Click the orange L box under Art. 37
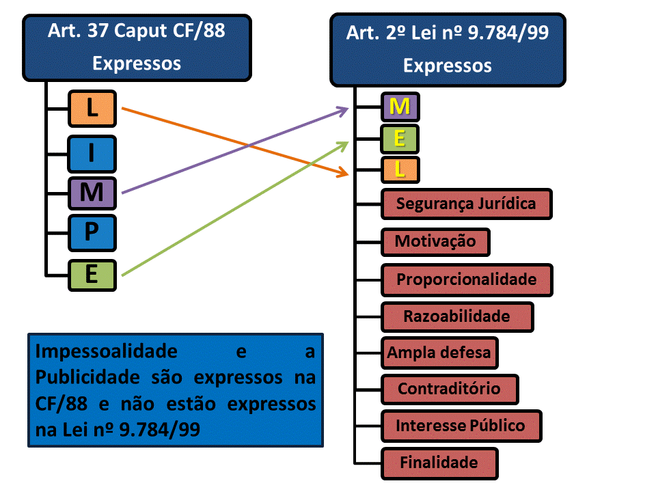[x=92, y=108]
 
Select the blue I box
[x=92, y=154]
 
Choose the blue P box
[x=92, y=233]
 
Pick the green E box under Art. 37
[x=92, y=275]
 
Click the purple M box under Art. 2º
[x=400, y=107]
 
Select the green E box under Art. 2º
[x=400, y=139]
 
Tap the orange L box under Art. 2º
[x=400, y=169]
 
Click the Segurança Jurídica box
[x=466, y=204]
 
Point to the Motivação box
[x=435, y=242]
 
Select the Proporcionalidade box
[x=467, y=279]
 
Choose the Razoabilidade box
[x=456, y=316]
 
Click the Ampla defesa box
[x=439, y=353]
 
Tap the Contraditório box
[x=449, y=389]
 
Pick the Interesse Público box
[x=461, y=426]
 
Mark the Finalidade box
[x=439, y=463]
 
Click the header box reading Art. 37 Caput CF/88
[x=137, y=46]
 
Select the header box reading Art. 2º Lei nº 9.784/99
[x=448, y=49]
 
